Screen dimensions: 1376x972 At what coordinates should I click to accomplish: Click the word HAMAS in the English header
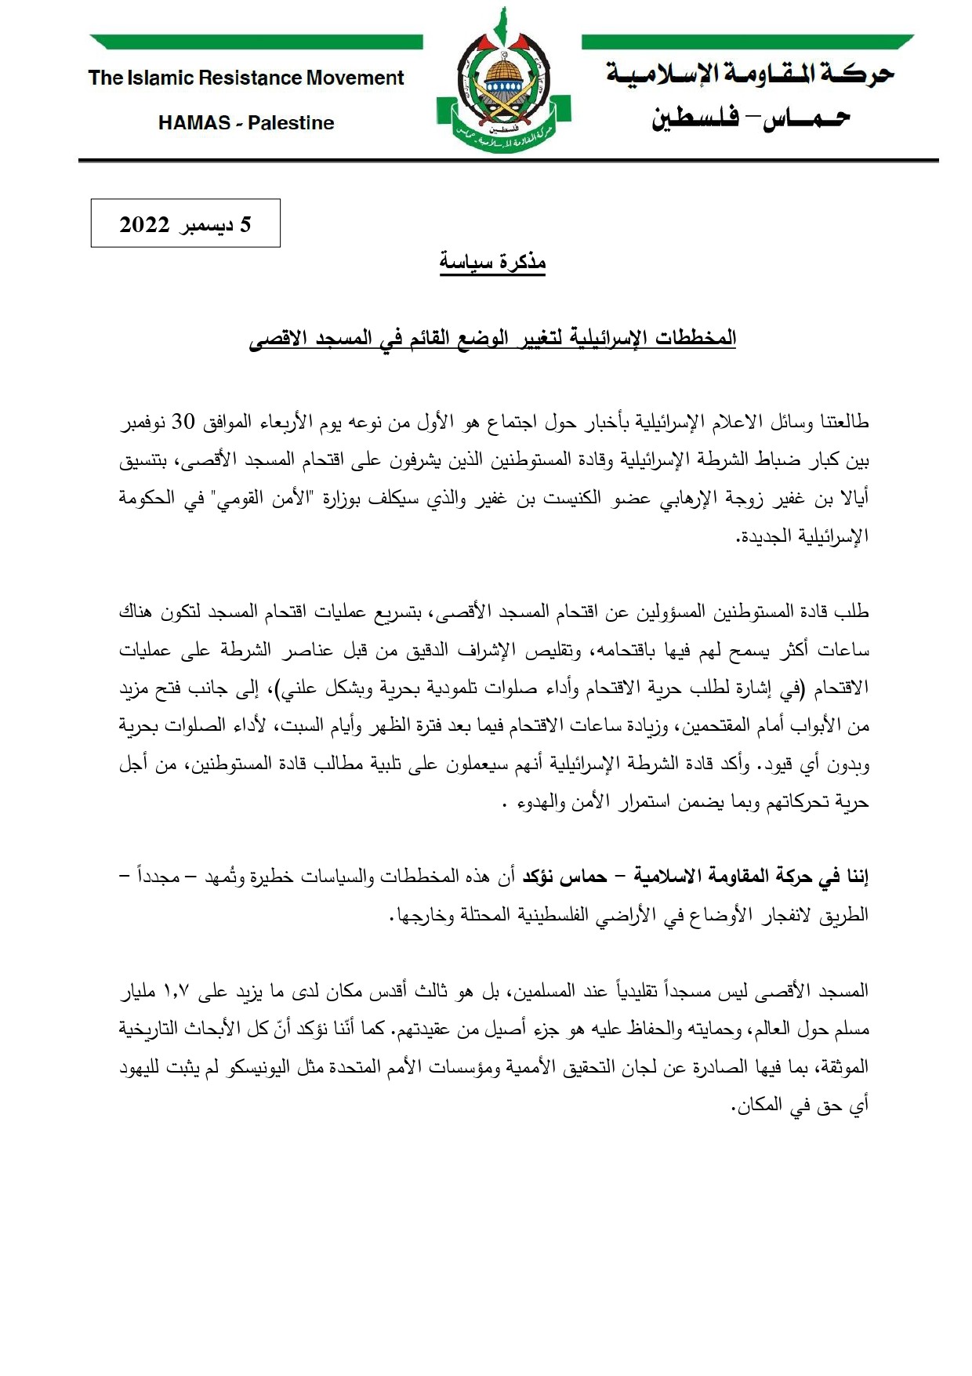tap(194, 123)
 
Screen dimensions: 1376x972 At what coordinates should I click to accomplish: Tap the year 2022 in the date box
tap(144, 225)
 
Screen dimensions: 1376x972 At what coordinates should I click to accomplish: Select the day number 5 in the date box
tap(245, 225)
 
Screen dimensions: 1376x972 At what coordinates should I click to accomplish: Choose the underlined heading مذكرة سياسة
tap(492, 262)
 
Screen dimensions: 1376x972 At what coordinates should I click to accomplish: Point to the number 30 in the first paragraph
tap(183, 422)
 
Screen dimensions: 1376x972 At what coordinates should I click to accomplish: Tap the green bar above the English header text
tap(256, 42)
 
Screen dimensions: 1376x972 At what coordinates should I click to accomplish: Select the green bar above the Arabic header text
tap(748, 42)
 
